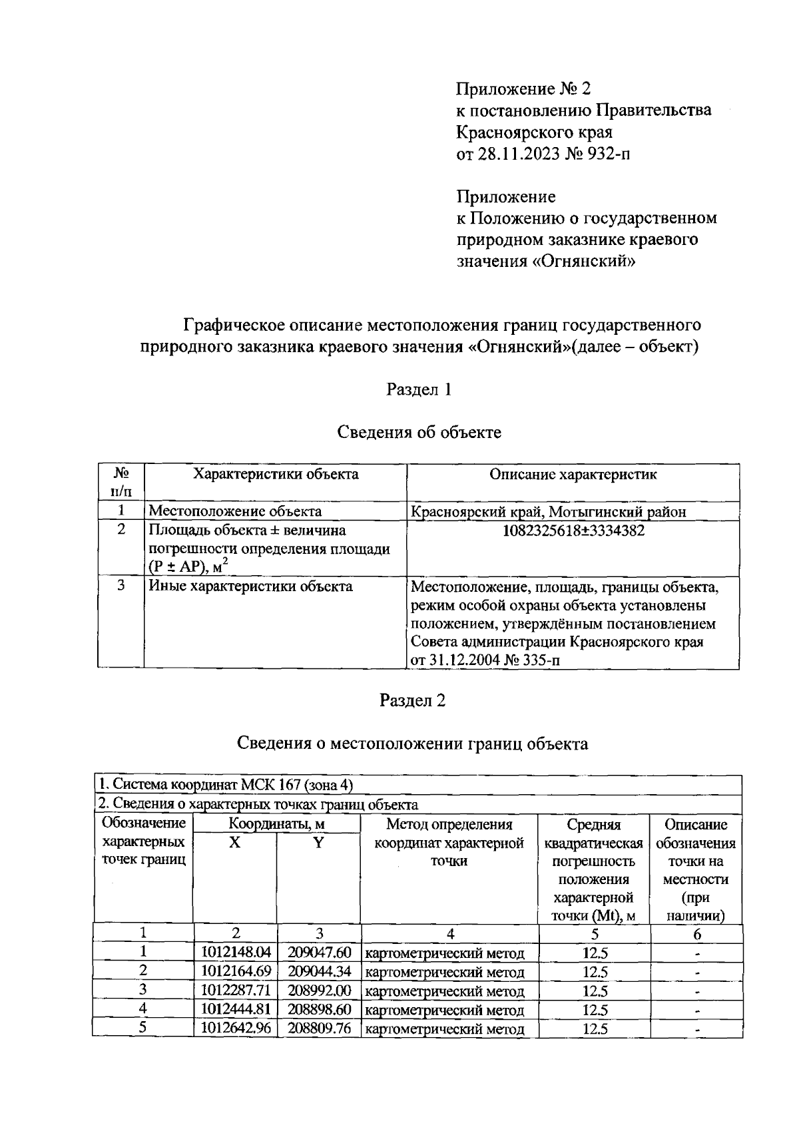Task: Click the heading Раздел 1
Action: (419, 389)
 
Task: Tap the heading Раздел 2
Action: (412, 700)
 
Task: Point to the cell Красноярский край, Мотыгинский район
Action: (548, 512)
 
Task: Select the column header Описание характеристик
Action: (573, 475)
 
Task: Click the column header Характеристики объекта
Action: (276, 475)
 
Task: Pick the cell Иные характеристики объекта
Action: (250, 586)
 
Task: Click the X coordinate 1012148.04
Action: (236, 953)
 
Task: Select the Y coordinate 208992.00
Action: (319, 991)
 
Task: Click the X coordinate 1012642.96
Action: (236, 1028)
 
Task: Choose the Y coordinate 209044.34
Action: (319, 972)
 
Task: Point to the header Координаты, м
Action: (276, 824)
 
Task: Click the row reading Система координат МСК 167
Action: (225, 785)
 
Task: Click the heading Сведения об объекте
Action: (419, 433)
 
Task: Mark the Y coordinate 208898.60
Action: (319, 1010)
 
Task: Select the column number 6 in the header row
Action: (696, 934)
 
